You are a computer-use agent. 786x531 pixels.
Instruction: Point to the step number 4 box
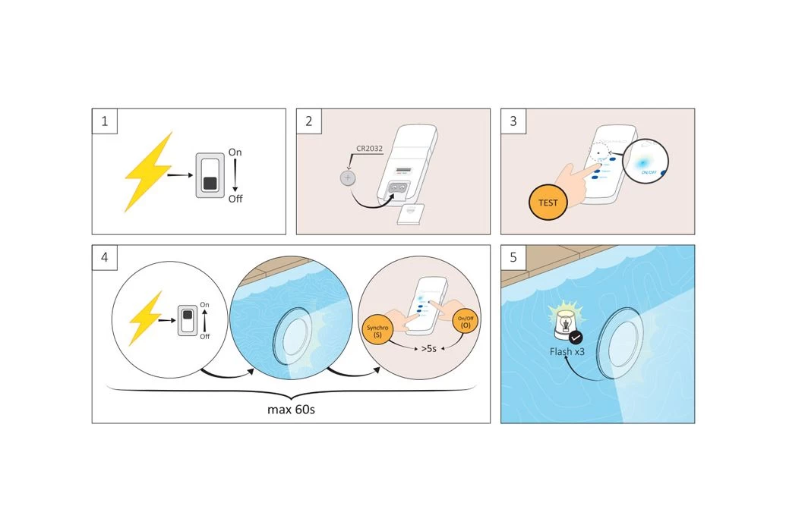[103, 257]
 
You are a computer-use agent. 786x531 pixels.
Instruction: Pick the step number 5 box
[513, 257]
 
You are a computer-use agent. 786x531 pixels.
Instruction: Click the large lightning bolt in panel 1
[149, 172]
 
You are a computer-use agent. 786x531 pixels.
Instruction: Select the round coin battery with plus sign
[349, 179]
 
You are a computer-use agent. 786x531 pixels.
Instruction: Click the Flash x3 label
[567, 352]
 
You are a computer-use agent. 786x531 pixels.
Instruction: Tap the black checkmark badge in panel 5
[576, 337]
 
